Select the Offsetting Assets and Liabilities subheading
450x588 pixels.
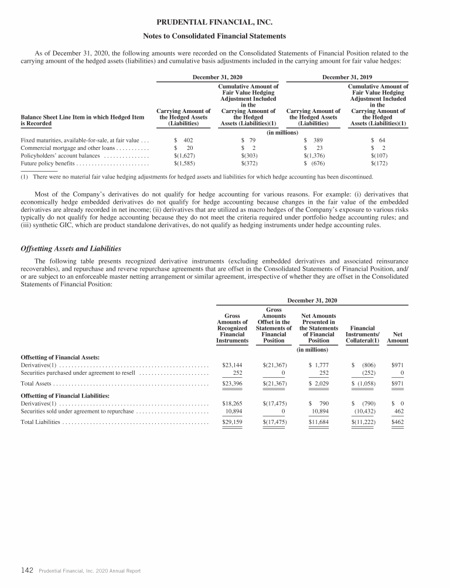point(70,249)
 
